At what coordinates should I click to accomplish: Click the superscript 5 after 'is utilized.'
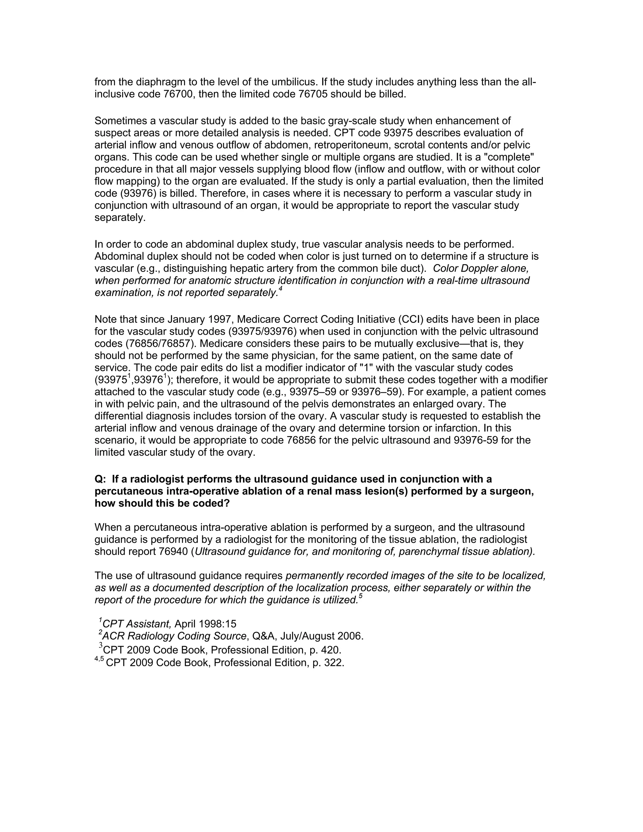click(x=360, y=597)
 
